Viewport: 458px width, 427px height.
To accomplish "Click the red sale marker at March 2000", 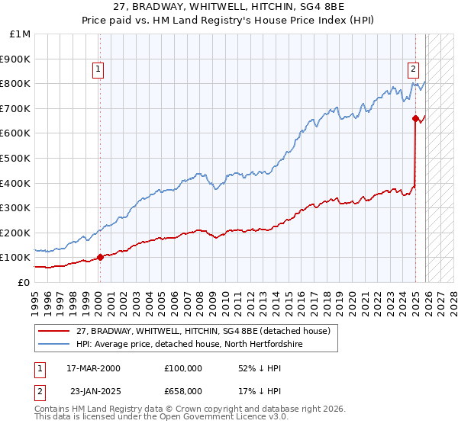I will click(100, 257).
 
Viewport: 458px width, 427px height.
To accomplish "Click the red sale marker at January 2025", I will click(415, 118).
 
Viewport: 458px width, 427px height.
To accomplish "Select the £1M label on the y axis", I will click(21, 34).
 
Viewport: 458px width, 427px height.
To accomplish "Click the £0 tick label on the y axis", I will click(24, 282).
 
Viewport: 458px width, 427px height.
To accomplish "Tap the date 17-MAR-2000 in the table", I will click(93, 368).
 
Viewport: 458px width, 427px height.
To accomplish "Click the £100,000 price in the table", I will click(183, 368).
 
